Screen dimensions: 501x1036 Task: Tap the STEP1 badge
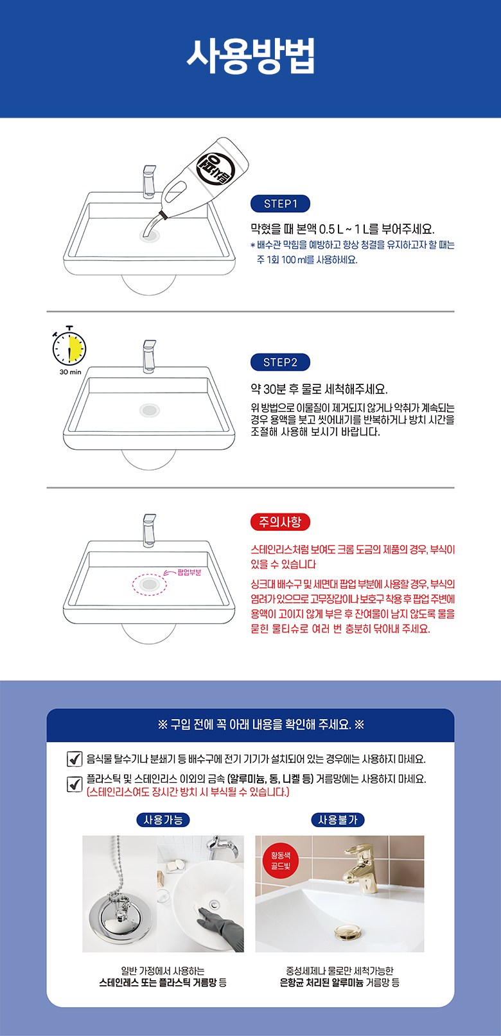tap(280, 204)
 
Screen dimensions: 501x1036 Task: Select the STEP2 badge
tap(280, 362)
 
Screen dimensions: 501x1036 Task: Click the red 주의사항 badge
tap(280, 522)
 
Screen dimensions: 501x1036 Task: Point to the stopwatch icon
tap(69, 346)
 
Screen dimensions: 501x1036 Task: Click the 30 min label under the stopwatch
tap(70, 372)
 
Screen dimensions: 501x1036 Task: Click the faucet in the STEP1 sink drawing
tap(149, 181)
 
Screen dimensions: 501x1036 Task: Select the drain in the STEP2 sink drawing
tap(149, 410)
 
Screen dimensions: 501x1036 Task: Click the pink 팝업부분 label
tap(189, 572)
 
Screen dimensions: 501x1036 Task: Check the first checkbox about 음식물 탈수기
tap(75, 759)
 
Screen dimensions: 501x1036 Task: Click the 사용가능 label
tap(163, 820)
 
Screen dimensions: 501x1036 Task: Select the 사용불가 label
tap(338, 820)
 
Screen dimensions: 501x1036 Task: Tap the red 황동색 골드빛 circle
tap(281, 861)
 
